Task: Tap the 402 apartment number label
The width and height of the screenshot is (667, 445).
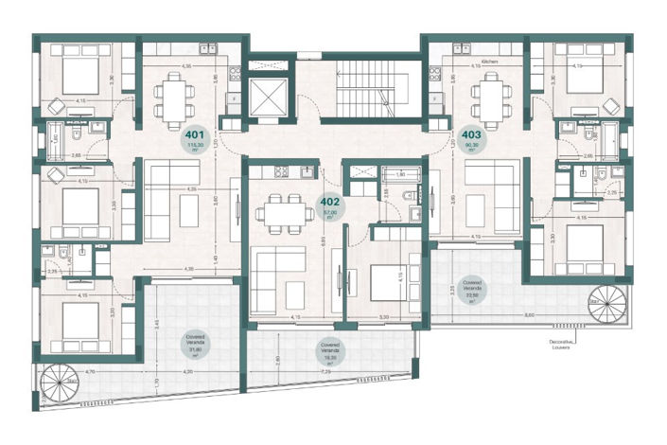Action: click(x=330, y=201)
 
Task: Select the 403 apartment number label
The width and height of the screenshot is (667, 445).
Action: click(x=473, y=134)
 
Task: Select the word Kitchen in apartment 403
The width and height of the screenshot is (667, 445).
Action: click(x=489, y=60)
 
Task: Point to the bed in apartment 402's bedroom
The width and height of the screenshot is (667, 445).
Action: click(x=384, y=281)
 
